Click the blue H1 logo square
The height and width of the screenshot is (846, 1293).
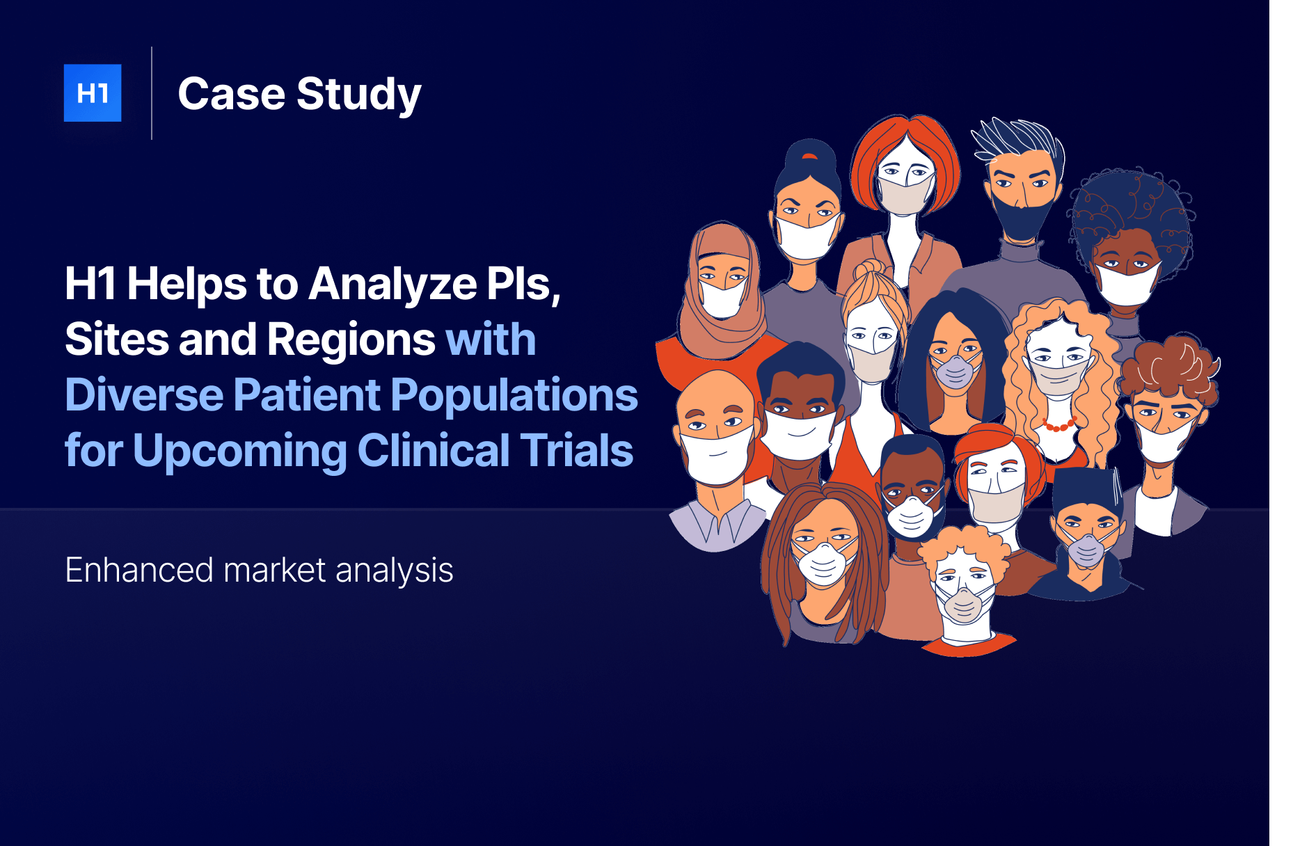(x=93, y=93)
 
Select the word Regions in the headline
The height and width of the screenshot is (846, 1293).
(x=351, y=340)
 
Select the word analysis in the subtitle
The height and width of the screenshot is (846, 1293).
(x=395, y=571)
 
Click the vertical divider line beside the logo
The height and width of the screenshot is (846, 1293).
(x=152, y=93)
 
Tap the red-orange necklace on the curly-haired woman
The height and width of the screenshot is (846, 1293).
(x=1059, y=424)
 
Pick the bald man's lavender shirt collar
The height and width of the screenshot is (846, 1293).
(x=718, y=522)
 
